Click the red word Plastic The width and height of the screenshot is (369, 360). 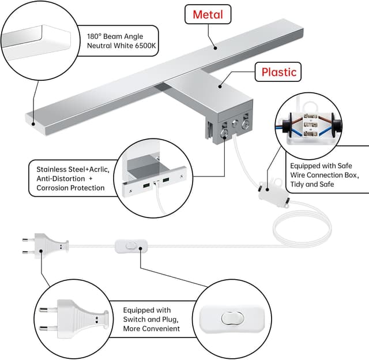pos(278,72)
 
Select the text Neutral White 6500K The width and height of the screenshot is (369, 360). pos(122,46)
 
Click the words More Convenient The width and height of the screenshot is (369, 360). pos(151,329)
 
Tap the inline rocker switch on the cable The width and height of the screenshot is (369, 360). pos(130,246)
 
